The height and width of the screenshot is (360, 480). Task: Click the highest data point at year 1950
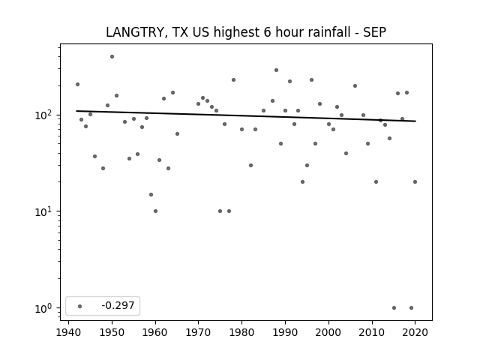[x=112, y=57]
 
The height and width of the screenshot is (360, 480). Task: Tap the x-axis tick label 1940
[x=68, y=332]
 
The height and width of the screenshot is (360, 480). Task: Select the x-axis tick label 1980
[x=241, y=332]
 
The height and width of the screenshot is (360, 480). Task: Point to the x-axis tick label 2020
[x=415, y=332]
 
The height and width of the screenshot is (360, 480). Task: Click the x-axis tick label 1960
[x=155, y=332]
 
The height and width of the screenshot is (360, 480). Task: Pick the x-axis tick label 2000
[x=328, y=332]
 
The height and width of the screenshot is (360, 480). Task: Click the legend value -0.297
[x=118, y=305]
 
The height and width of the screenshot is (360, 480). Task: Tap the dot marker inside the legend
[x=80, y=306]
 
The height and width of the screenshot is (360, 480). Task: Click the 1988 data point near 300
[x=277, y=70]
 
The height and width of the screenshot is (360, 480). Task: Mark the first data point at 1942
[x=77, y=85]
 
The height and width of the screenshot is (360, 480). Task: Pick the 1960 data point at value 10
[x=155, y=211]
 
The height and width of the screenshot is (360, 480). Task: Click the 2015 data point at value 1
[x=394, y=308]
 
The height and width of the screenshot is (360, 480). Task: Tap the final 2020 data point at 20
[x=415, y=181]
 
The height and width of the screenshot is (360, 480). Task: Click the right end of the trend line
[x=415, y=121]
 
